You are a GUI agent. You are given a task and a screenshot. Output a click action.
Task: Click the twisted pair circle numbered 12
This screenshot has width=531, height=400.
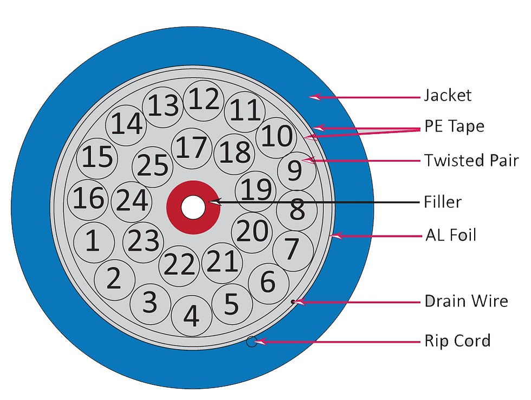204,101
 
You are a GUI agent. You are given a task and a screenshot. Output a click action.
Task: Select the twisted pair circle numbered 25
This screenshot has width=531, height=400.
153,167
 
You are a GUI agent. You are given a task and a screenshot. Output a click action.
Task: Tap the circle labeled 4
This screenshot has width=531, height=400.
192,316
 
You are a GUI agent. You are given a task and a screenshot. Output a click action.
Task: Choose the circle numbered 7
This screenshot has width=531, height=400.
293,251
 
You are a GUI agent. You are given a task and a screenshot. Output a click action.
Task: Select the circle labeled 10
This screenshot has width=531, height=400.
276,137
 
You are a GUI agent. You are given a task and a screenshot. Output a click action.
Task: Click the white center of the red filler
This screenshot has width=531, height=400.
193,207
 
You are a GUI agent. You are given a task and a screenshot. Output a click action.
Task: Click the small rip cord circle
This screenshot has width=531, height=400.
251,342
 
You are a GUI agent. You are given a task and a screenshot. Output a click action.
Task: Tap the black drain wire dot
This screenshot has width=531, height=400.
293,301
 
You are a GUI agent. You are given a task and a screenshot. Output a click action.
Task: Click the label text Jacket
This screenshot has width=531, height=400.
448,96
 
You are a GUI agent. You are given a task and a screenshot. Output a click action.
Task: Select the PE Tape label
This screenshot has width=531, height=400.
454,126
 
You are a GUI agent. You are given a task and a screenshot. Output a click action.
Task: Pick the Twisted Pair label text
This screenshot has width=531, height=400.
471,160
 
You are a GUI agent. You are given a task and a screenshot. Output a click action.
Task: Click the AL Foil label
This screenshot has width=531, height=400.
451,235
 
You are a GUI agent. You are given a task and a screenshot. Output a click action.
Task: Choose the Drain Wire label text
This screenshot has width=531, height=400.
467,301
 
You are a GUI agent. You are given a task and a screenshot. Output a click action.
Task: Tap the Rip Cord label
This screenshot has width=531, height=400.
457,341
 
